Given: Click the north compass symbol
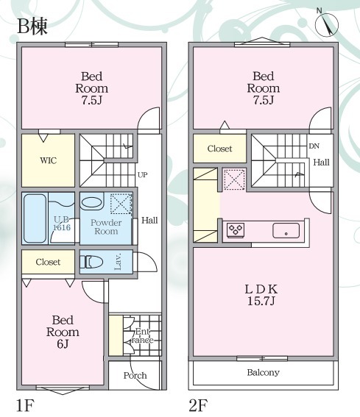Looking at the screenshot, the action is pyautogui.click(x=327, y=24).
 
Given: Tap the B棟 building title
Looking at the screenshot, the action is pyautogui.click(x=32, y=27).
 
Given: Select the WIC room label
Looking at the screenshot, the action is pyautogui.click(x=48, y=160).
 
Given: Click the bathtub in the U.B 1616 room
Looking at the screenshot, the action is pyautogui.click(x=35, y=218).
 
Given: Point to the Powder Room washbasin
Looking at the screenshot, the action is pyautogui.click(x=92, y=204).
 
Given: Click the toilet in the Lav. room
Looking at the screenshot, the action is pyautogui.click(x=91, y=262).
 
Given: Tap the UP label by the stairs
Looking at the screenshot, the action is pyautogui.click(x=143, y=175).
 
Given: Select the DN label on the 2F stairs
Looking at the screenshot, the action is pyautogui.click(x=314, y=146).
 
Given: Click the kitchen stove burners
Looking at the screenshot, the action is pyautogui.click(x=236, y=229).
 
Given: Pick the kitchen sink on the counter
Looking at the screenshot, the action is pyautogui.click(x=286, y=230).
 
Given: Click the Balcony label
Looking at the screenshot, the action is pyautogui.click(x=263, y=372).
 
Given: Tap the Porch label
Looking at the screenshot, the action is pyautogui.click(x=135, y=375).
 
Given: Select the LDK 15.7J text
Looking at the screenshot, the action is pyautogui.click(x=261, y=295).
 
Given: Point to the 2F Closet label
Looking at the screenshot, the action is pyautogui.click(x=219, y=149).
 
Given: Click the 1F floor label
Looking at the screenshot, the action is pyautogui.click(x=25, y=405).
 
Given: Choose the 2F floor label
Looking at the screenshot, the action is pyautogui.click(x=198, y=405).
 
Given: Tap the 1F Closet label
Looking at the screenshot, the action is pyautogui.click(x=48, y=262).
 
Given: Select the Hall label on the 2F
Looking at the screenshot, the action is pyautogui.click(x=321, y=163).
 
